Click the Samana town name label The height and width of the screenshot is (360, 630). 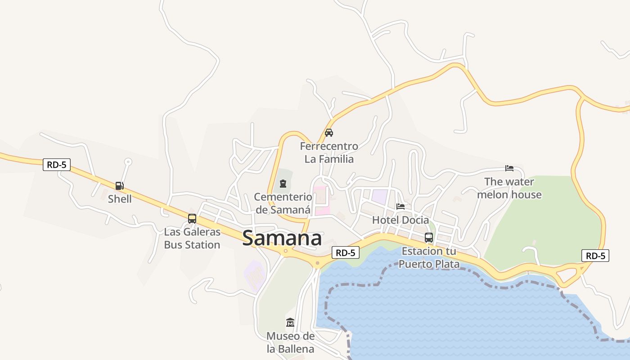[x=282, y=238]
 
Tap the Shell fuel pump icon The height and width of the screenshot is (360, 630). [x=119, y=185]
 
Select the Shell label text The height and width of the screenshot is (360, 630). [x=120, y=199]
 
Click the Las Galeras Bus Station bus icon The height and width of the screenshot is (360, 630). [x=192, y=219]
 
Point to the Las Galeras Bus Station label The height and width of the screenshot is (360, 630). [x=192, y=238]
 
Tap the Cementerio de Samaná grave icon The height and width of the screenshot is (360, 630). [x=283, y=184]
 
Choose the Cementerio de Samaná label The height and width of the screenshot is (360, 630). [x=283, y=203]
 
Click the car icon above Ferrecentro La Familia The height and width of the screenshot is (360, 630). [x=329, y=133]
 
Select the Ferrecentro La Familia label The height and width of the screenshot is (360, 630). [x=329, y=153]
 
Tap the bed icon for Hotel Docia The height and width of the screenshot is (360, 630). [x=400, y=207]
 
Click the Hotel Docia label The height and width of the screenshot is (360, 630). [x=400, y=220]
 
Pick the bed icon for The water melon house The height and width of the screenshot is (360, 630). [x=509, y=168]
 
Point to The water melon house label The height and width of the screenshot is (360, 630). [x=509, y=188]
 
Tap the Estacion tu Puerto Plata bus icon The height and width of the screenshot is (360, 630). [x=429, y=238]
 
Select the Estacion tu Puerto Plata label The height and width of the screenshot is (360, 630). [x=429, y=257]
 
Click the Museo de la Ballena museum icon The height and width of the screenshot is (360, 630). [x=290, y=323]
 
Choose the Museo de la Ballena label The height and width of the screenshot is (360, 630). [x=290, y=342]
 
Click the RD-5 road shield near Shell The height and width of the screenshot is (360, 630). [x=57, y=165]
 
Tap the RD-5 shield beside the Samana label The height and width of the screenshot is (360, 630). [x=346, y=253]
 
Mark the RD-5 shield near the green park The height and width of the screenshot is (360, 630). [x=595, y=256]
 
